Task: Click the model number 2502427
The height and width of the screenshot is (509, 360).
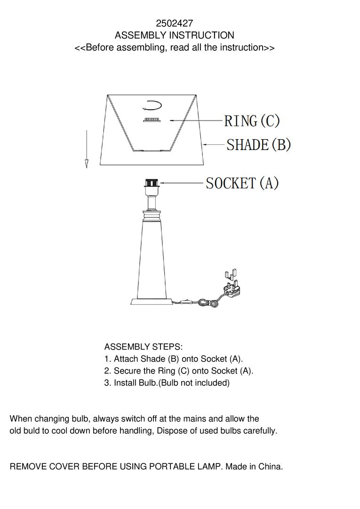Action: [x=174, y=23]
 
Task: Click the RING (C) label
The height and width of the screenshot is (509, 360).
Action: [x=252, y=121]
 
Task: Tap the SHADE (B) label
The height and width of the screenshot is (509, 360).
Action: [x=259, y=144]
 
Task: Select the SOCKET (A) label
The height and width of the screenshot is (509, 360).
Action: [x=242, y=183]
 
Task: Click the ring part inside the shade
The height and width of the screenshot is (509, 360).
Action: [x=152, y=120]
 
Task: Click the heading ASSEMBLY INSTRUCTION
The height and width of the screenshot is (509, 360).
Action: [x=174, y=35]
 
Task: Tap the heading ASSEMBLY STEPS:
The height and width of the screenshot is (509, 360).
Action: [x=143, y=347]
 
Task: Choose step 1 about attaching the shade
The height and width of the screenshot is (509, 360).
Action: [x=174, y=359]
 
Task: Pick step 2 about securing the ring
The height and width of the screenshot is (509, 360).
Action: [x=179, y=371]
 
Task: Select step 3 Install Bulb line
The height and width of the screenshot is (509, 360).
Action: [x=167, y=383]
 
